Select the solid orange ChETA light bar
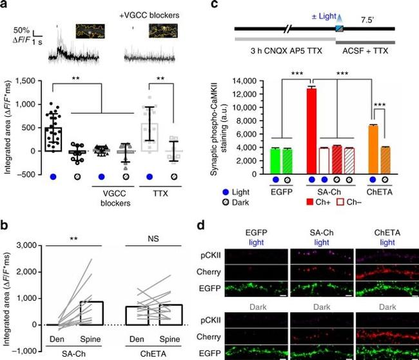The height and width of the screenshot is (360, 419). coord(374,148)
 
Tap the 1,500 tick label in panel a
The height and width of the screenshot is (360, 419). coord(26,81)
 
